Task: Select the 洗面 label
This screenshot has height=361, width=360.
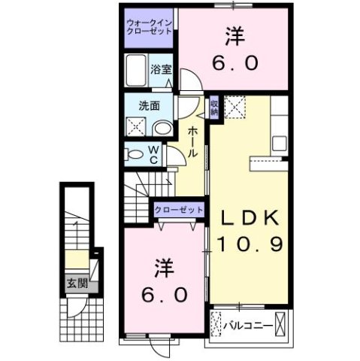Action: point(147,106)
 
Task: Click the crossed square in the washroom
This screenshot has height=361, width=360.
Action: point(137,126)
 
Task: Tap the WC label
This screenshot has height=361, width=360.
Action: point(152,154)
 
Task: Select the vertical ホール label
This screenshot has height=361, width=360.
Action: point(192,141)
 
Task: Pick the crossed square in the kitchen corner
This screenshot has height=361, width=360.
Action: point(235,107)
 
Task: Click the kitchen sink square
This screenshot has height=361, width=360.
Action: point(281,142)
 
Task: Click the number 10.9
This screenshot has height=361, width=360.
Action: point(250,244)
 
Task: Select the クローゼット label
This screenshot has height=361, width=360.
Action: point(178,211)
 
